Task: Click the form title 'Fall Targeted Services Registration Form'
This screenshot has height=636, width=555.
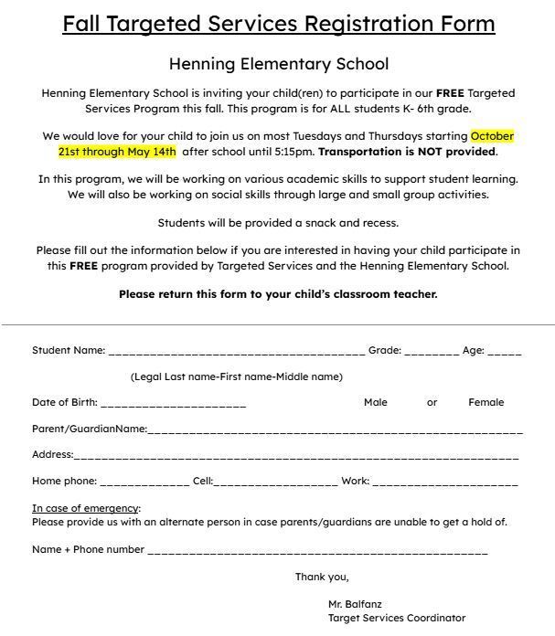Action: (278, 24)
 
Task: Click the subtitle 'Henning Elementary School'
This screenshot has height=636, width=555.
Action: (278, 64)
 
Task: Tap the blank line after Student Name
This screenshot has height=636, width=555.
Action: (236, 352)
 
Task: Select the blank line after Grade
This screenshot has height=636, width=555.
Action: (432, 352)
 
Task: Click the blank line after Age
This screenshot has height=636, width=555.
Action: (505, 352)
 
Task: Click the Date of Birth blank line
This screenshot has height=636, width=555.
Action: (173, 404)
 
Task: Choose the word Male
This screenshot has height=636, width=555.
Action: (375, 402)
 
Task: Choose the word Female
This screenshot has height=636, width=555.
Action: (486, 402)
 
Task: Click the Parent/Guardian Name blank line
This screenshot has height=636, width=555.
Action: (335, 430)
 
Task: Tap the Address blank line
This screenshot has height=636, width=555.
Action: (295, 456)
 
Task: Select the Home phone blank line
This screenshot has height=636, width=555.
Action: (144, 482)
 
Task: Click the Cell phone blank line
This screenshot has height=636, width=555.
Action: (275, 482)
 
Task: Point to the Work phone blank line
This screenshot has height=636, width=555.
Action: (444, 482)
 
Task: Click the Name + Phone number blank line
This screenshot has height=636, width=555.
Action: (317, 552)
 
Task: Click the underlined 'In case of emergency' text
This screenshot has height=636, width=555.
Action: (85, 508)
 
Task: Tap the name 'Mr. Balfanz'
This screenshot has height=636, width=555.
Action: (355, 604)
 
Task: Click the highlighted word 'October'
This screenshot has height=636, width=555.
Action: (492, 136)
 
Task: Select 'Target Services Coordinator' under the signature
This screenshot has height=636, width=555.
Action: (397, 618)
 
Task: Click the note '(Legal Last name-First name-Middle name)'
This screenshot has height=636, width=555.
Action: (236, 376)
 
